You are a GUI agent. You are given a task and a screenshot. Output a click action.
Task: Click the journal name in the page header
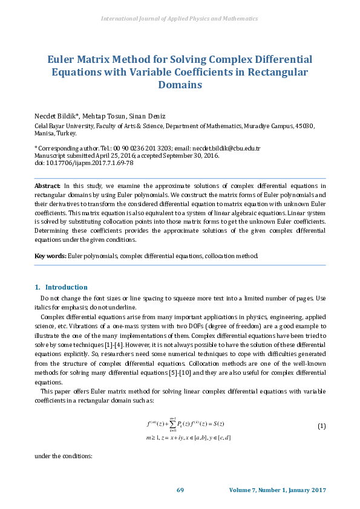[180, 19]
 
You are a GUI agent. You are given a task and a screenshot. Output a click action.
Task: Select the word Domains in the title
[180, 85]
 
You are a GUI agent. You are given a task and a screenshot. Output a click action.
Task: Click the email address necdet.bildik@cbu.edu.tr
[226, 148]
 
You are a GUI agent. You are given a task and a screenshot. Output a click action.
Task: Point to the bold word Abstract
[47, 186]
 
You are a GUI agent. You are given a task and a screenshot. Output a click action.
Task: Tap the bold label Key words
[50, 256]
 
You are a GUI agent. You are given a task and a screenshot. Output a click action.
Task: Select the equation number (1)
[321, 426]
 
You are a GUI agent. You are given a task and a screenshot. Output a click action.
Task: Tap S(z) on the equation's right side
[224, 423]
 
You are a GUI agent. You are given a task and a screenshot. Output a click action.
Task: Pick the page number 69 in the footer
[180, 490]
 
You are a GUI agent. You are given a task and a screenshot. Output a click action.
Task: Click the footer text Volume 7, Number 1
[261, 490]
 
